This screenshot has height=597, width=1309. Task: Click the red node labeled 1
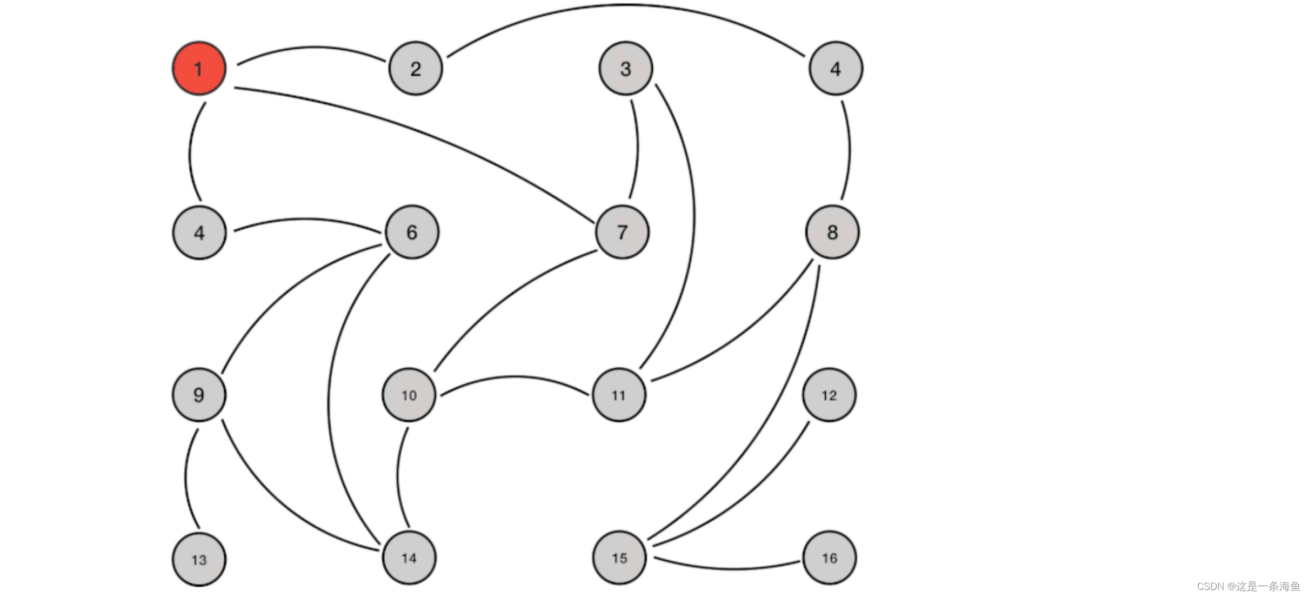pos(199,69)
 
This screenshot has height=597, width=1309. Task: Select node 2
pos(415,69)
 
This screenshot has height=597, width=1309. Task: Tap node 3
pos(625,69)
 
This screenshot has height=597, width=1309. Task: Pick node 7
pos(622,232)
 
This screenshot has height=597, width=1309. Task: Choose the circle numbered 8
pos(832,232)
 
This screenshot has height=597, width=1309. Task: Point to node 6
pos(412,232)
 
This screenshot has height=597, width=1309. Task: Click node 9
pos(199,395)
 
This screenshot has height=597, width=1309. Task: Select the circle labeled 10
pos(409,395)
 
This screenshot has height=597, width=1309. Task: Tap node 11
pos(619,395)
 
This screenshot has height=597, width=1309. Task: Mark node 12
pos(829,395)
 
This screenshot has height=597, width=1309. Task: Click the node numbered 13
pos(199,560)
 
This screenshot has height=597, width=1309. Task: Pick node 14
pos(409,558)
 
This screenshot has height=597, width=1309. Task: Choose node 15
pos(619,558)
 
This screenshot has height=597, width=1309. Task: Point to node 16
pos(830,558)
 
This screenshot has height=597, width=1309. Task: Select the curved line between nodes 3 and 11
pos(694,216)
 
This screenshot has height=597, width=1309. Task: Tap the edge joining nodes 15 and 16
pos(730,569)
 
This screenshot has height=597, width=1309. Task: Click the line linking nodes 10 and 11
pos(513,377)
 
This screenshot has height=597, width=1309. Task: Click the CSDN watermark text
pos(1248,587)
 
